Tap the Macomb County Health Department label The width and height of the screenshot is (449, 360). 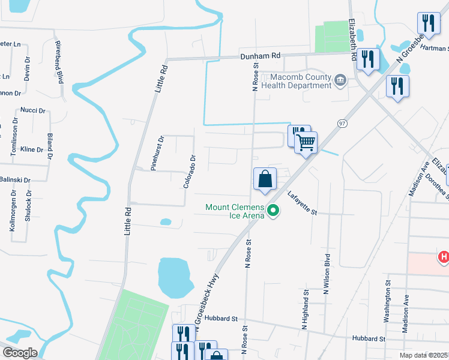(300, 81)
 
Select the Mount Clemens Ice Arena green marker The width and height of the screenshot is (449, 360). (274, 211)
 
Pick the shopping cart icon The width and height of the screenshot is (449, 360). (306, 143)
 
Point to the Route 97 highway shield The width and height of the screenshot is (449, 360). (342, 123)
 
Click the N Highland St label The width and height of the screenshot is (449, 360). (305, 310)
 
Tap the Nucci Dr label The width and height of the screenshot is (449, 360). (33, 110)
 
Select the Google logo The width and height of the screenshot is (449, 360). (19, 353)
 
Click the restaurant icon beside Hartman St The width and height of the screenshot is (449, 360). (429, 24)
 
